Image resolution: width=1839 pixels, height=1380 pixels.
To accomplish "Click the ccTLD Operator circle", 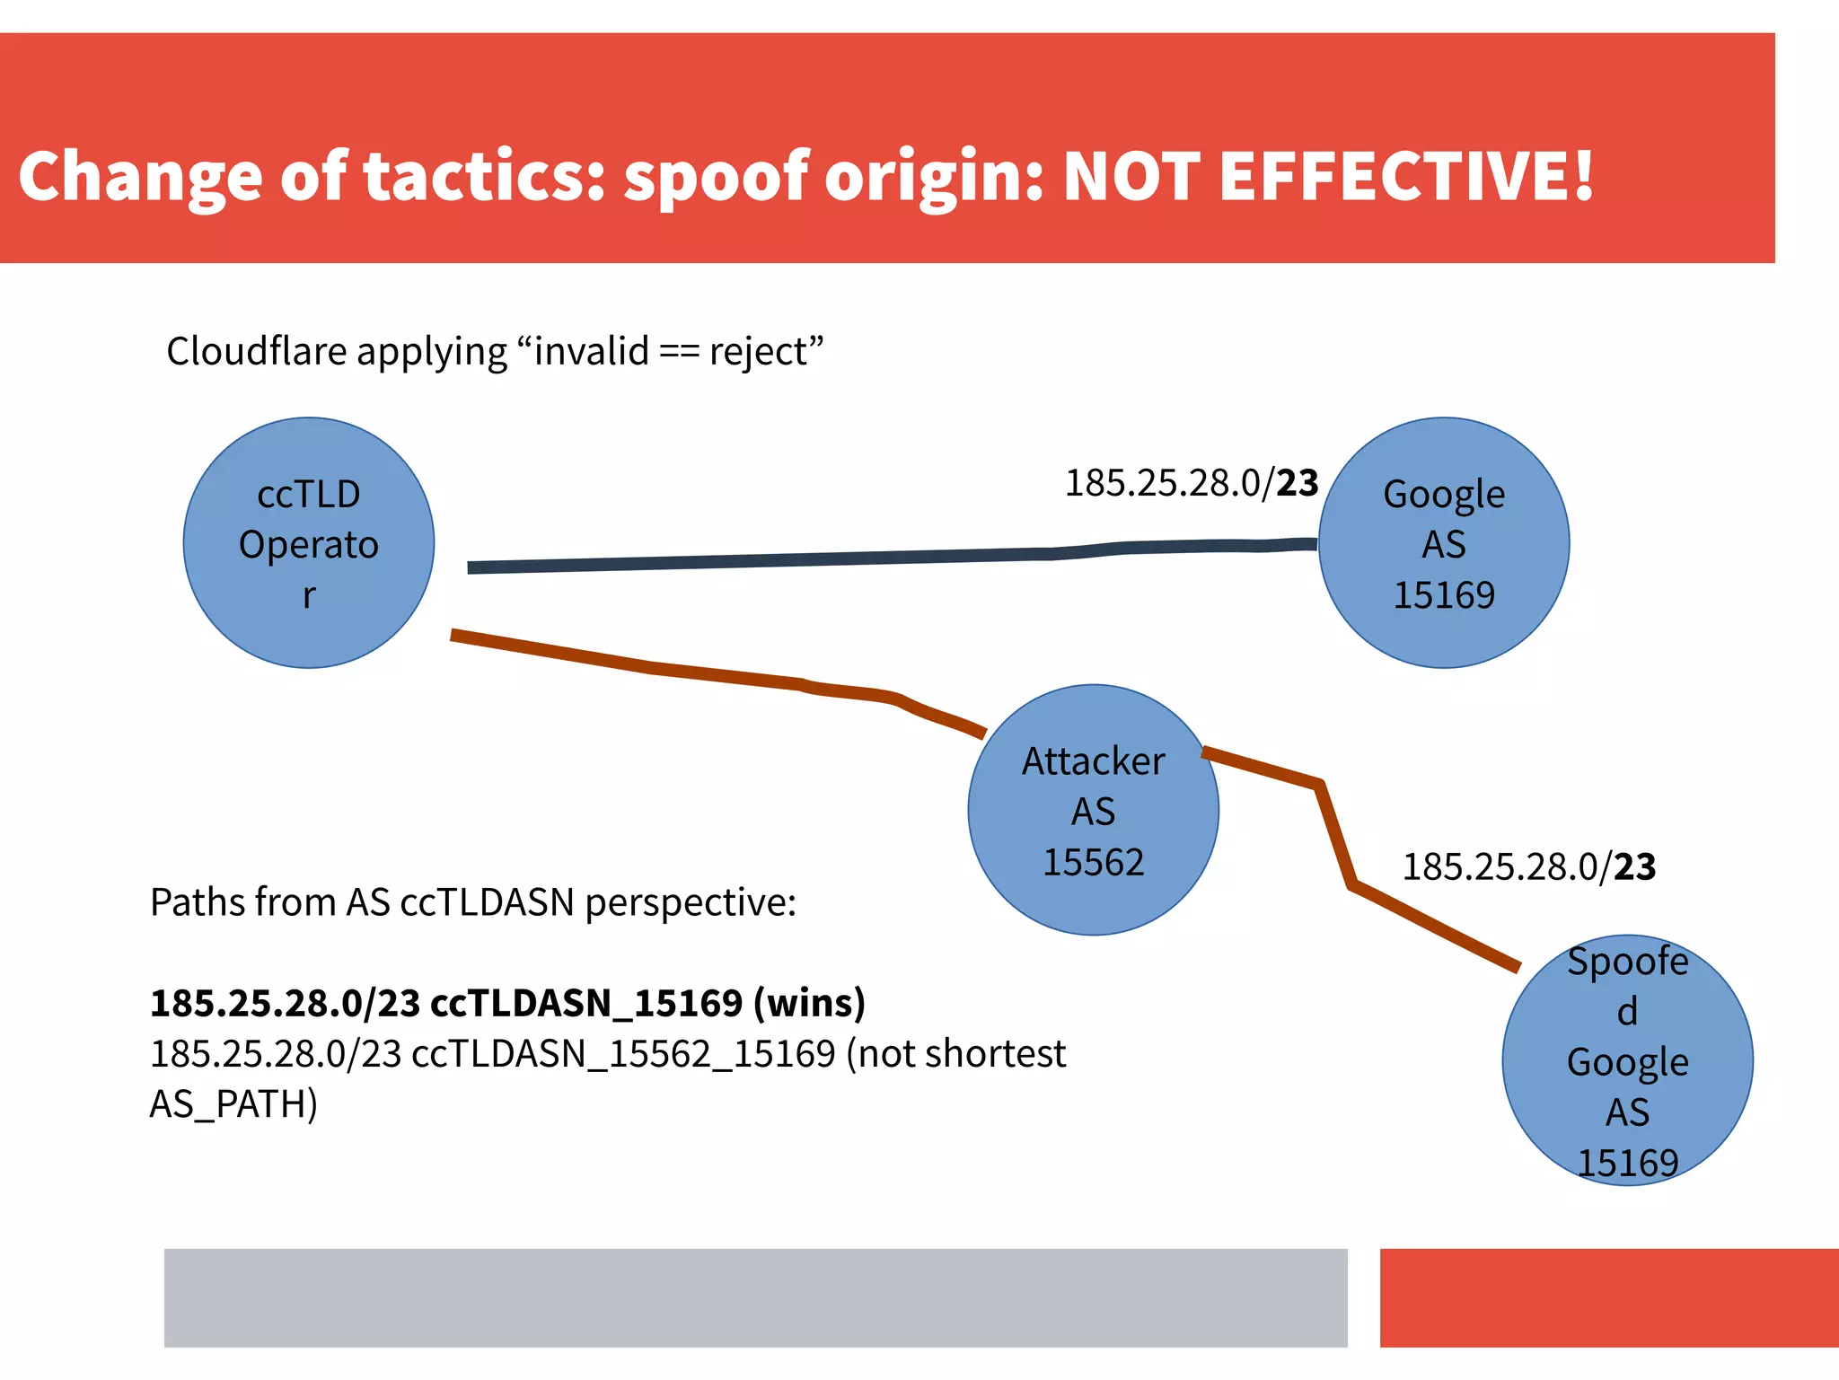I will tap(308, 543).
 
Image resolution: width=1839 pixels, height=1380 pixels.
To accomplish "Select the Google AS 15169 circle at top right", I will tap(1443, 543).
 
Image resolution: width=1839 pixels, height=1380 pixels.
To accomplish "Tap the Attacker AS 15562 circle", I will tap(1093, 810).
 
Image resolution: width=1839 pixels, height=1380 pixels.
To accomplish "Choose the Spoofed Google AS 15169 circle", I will tap(1627, 1060).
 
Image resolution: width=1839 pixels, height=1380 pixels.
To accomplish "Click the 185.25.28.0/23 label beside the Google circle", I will tap(1191, 483).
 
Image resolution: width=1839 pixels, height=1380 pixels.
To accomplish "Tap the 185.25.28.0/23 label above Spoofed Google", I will tap(1528, 866).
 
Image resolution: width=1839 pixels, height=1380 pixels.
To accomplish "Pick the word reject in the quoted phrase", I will tap(759, 352).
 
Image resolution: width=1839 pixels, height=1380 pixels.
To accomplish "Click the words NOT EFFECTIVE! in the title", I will tap(1327, 176).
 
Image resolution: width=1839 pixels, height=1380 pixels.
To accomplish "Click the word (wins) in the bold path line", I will tap(809, 1003).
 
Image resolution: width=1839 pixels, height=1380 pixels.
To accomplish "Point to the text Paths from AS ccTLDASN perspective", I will tap(472, 902).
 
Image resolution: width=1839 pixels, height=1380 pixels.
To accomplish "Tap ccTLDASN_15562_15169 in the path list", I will tap(623, 1054).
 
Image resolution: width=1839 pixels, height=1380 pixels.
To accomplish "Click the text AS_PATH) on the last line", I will tap(233, 1104).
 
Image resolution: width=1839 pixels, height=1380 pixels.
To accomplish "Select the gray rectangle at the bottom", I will tap(755, 1297).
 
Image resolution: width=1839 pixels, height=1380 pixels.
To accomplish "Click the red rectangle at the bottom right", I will tap(1608, 1297).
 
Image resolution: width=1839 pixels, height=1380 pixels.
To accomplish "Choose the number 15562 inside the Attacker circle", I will tap(1093, 862).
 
